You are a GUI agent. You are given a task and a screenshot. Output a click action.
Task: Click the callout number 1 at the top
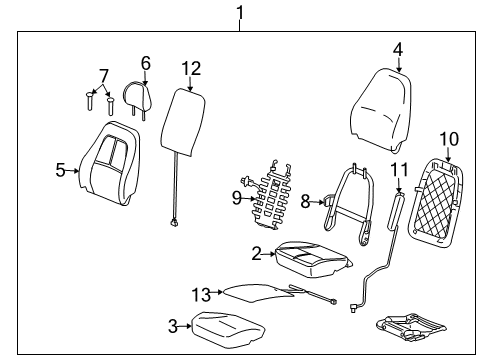(239, 13)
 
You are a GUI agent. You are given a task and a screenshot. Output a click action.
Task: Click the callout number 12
(191, 68)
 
